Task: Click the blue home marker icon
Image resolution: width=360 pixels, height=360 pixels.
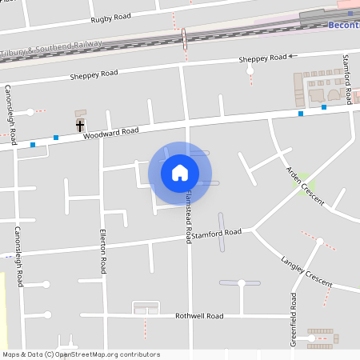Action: (180, 173)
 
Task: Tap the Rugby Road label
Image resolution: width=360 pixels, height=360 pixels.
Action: (110, 18)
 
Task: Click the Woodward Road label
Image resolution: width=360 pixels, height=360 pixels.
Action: (111, 133)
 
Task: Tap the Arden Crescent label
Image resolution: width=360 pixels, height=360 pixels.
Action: (306, 186)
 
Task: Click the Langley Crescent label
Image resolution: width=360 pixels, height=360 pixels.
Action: (306, 272)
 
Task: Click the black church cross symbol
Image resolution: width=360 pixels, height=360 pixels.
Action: (80, 126)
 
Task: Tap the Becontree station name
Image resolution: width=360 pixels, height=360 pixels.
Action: (344, 26)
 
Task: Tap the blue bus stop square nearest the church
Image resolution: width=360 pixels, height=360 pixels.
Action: (56, 138)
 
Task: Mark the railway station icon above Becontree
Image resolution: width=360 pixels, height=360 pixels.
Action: (350, 14)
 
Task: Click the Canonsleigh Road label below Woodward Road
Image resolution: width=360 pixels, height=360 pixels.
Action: (18, 256)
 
